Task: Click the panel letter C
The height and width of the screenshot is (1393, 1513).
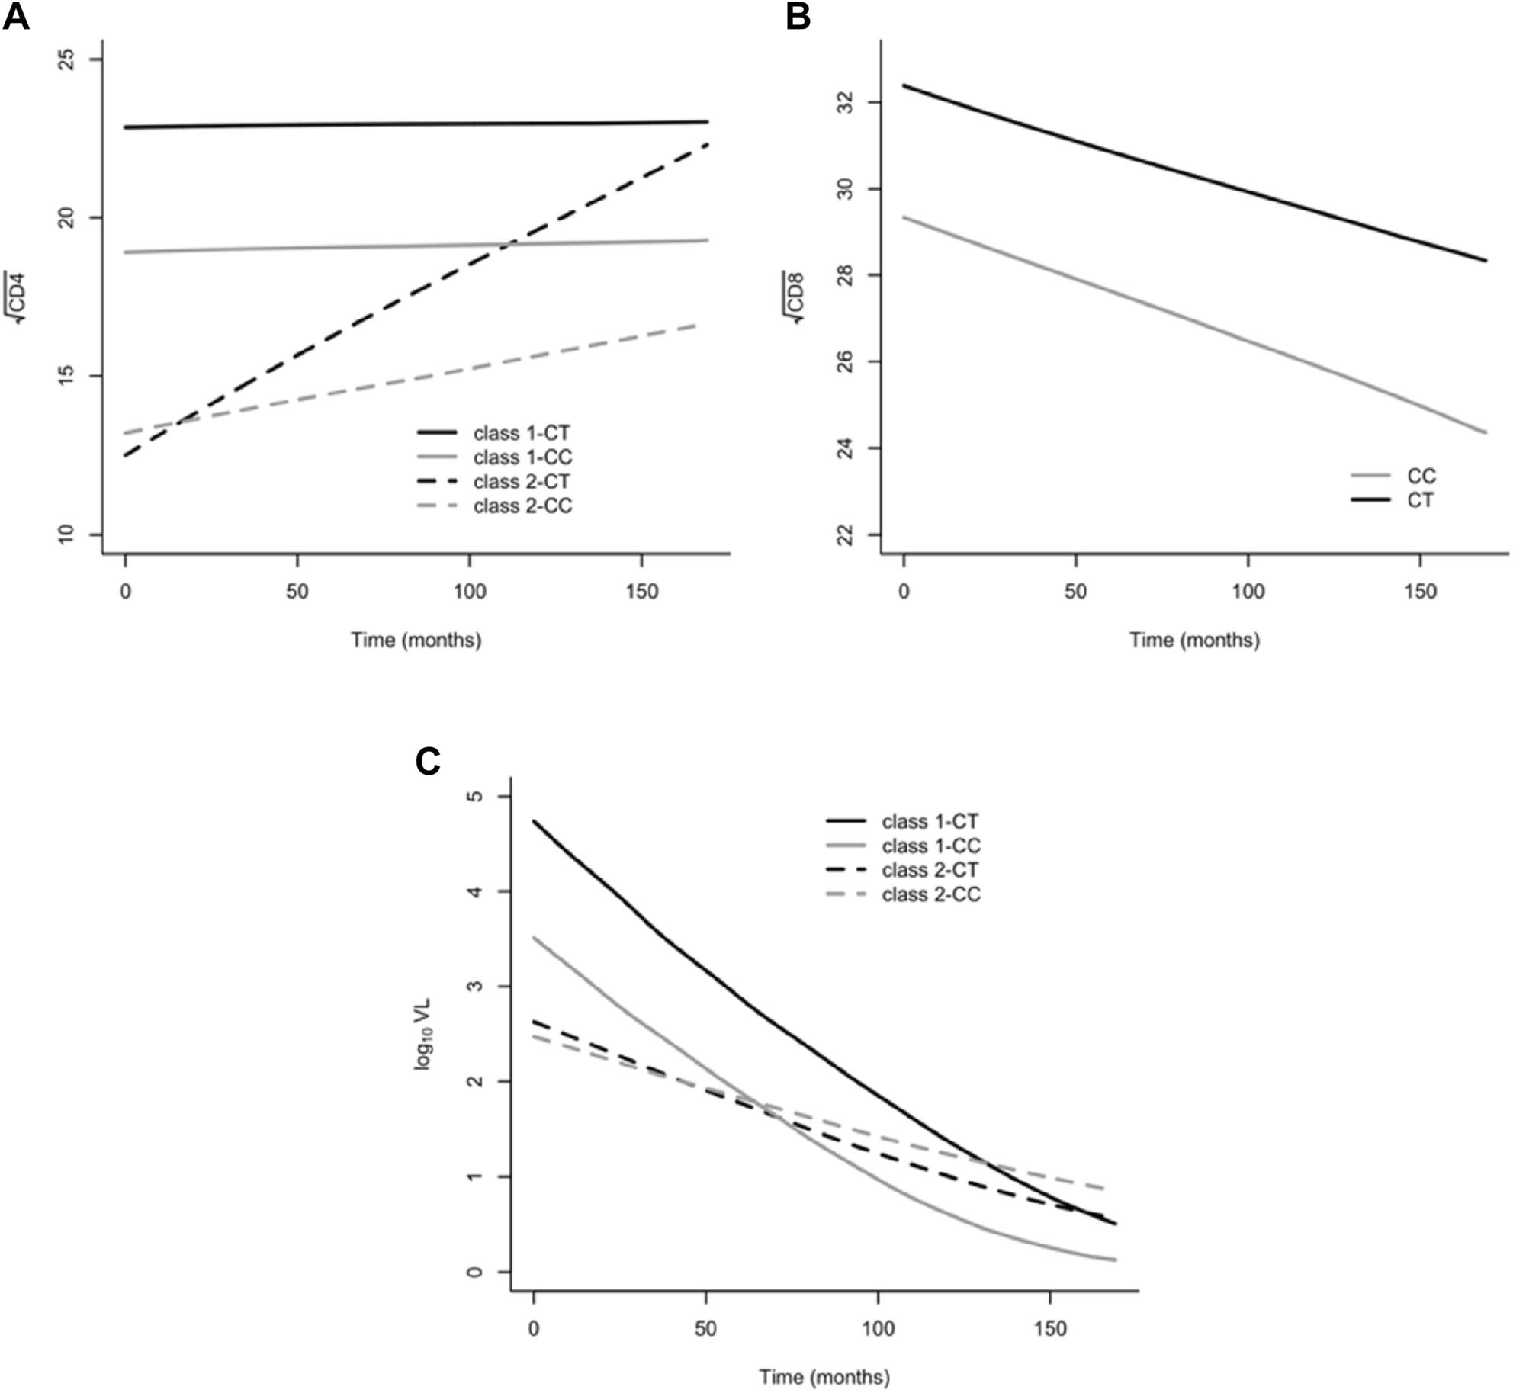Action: click(x=428, y=761)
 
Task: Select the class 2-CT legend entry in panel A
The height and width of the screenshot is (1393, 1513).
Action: click(x=521, y=482)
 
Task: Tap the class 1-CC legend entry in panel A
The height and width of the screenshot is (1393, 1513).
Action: click(x=522, y=457)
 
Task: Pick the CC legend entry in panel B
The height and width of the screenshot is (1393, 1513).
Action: click(x=1421, y=477)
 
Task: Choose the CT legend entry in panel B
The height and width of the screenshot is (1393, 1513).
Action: click(x=1420, y=501)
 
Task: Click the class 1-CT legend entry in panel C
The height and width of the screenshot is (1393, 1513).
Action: click(x=930, y=822)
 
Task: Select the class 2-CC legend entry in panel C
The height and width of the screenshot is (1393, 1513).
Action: click(x=930, y=894)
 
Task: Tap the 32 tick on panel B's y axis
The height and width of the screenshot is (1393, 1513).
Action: click(x=846, y=102)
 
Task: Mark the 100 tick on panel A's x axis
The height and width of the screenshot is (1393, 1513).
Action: click(x=469, y=592)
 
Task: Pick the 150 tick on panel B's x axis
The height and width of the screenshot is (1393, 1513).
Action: click(x=1420, y=592)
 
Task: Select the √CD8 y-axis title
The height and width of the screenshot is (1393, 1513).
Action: click(x=796, y=297)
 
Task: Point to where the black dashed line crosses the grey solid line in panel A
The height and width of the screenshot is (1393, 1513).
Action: click(x=508, y=244)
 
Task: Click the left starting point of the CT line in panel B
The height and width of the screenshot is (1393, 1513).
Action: click(x=904, y=85)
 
